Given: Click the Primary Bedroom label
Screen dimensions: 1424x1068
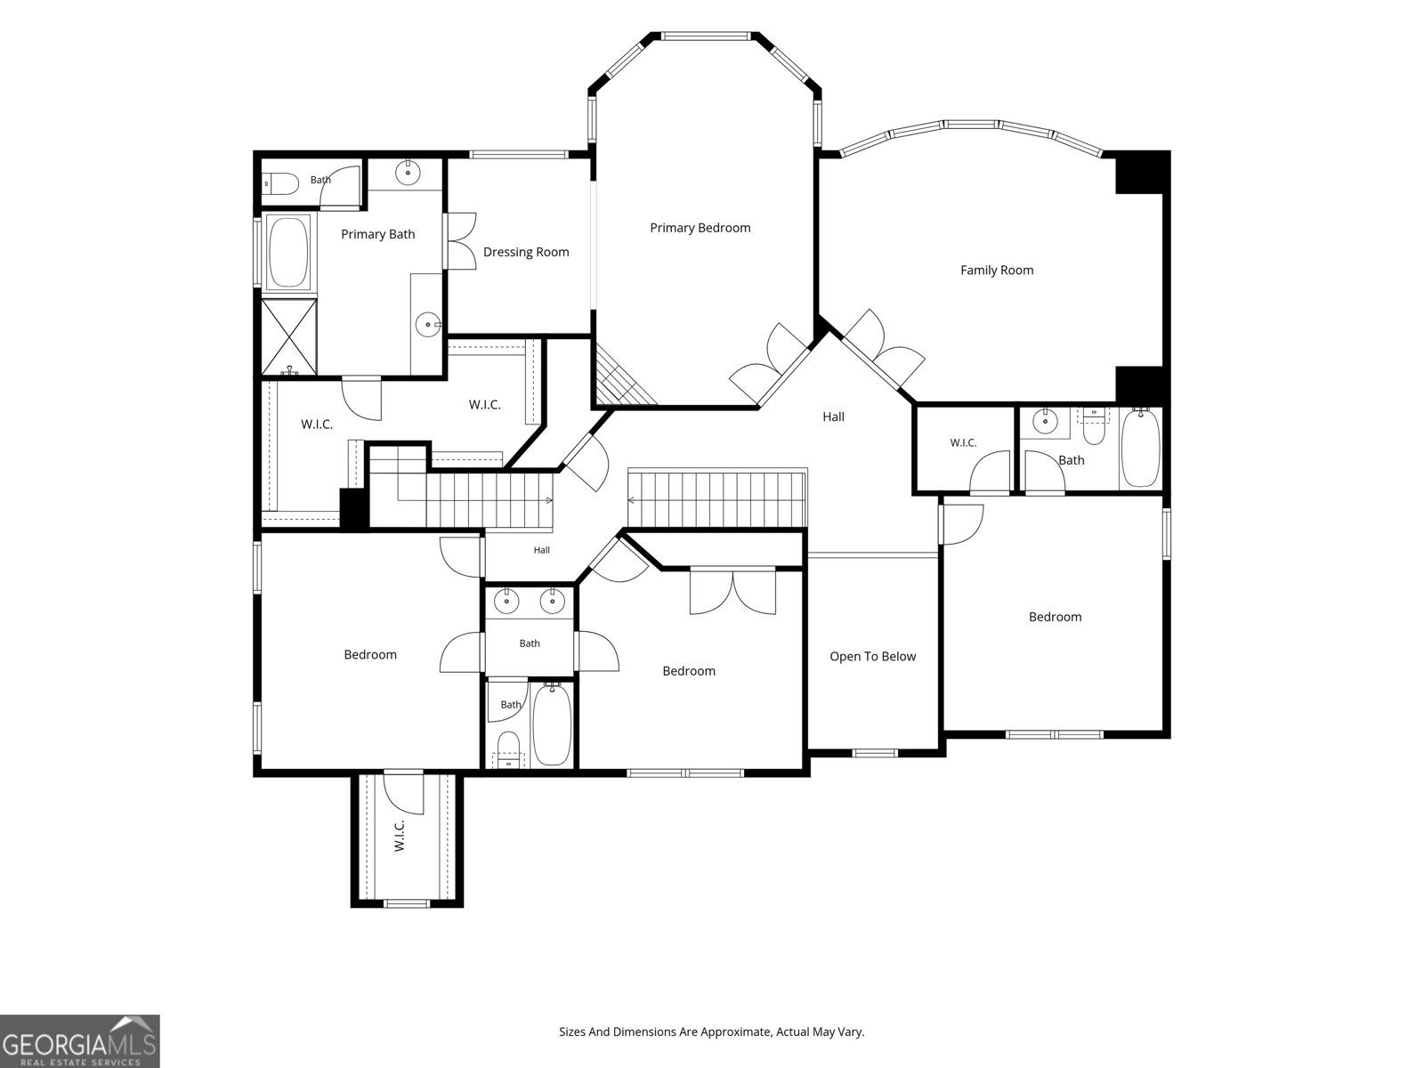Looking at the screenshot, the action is (700, 228).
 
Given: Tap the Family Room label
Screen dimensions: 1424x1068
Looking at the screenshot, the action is (997, 271).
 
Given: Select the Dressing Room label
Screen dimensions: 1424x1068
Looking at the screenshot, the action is (525, 252).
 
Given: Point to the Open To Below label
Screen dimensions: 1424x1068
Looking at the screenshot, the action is (872, 657).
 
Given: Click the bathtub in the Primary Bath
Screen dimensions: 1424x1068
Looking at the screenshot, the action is (288, 251).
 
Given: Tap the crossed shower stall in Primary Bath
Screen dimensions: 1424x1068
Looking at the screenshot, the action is (288, 336).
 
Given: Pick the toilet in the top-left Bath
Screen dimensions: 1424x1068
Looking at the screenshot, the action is (281, 183).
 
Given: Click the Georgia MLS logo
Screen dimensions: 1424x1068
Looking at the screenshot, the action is (80, 1040).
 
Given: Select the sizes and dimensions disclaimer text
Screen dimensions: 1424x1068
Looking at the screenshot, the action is (712, 1032).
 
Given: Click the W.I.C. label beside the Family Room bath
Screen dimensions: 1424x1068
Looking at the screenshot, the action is (963, 443).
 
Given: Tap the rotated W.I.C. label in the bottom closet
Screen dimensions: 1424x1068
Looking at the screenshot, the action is (399, 836).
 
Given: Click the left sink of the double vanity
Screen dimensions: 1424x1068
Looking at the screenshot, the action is (506, 602).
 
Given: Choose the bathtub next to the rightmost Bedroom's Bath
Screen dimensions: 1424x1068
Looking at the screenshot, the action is (1140, 447).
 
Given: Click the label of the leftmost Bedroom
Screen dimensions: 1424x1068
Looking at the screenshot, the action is (369, 655).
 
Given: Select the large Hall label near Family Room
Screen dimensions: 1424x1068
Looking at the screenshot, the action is (833, 417).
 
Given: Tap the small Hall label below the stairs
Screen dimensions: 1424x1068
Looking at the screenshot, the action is (541, 550).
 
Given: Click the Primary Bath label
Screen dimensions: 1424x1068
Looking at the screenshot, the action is (377, 234).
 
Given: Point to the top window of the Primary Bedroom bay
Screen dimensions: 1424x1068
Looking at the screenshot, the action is (705, 36).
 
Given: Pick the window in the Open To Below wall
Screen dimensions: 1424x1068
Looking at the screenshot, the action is (874, 753).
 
